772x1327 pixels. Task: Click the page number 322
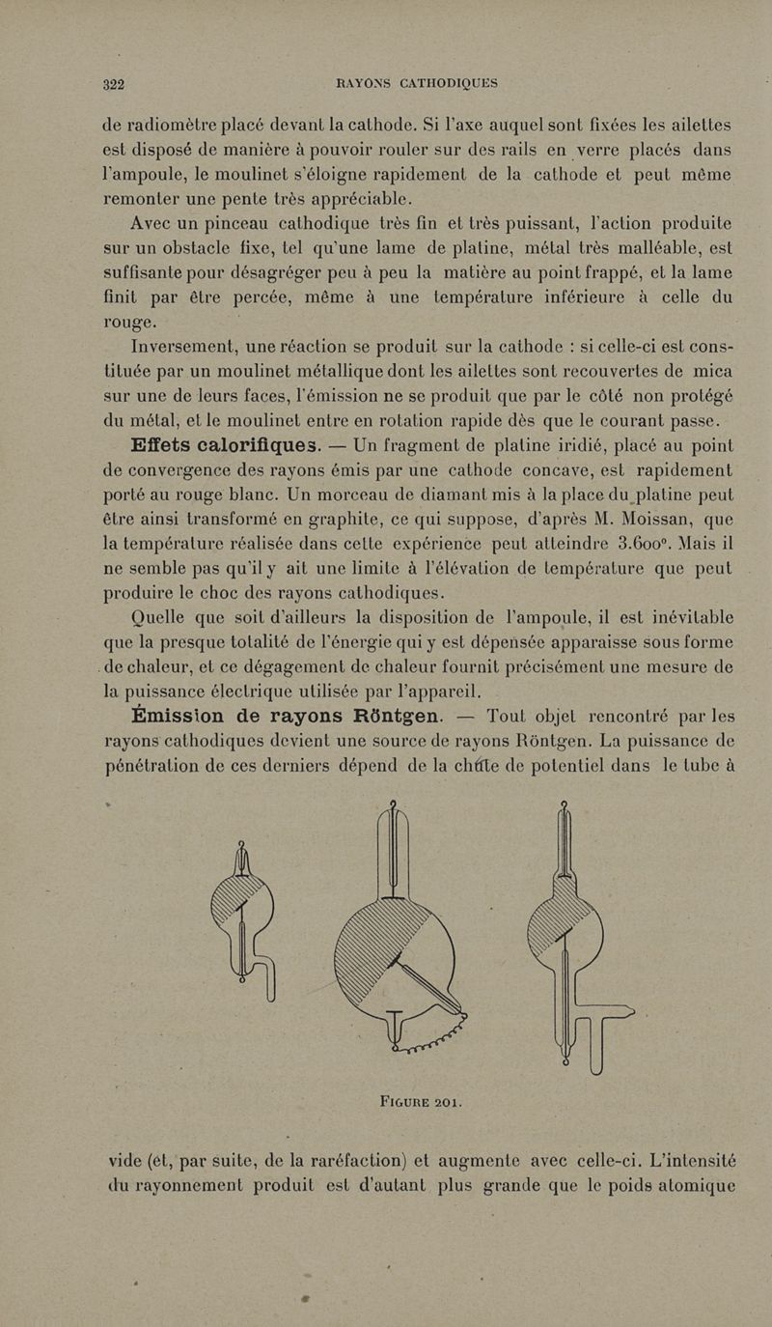(x=115, y=83)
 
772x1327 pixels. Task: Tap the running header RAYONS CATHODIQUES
(x=416, y=83)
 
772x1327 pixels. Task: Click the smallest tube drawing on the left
(x=244, y=918)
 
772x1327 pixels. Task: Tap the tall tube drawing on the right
(x=579, y=937)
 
